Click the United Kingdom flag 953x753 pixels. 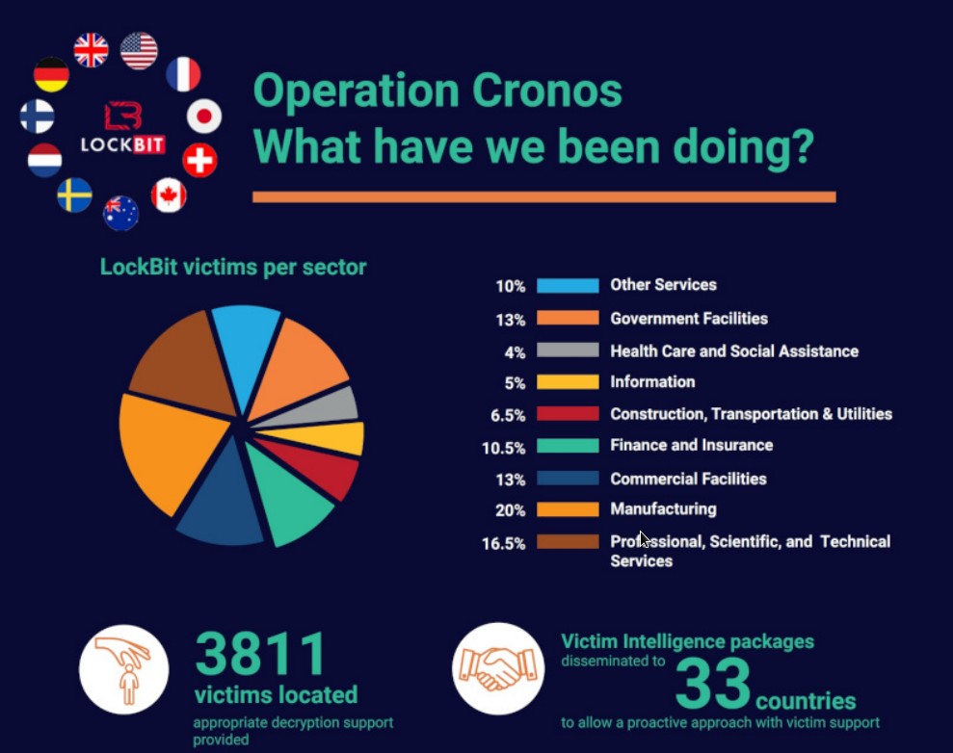(x=92, y=49)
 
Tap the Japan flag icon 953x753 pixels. (x=203, y=117)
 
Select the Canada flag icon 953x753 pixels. (x=169, y=195)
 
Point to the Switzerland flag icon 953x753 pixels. (x=199, y=160)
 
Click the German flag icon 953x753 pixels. (x=51, y=75)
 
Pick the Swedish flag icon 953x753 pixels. (x=74, y=195)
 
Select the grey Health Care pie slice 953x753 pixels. (x=332, y=405)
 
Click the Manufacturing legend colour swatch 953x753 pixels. (x=567, y=509)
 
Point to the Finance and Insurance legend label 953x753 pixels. (x=691, y=445)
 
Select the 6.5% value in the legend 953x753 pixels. (x=506, y=415)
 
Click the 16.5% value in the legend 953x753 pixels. (x=503, y=543)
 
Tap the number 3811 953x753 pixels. (x=261, y=655)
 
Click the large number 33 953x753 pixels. (x=713, y=683)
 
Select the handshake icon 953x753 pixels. (x=498, y=668)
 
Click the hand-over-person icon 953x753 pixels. (x=123, y=669)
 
